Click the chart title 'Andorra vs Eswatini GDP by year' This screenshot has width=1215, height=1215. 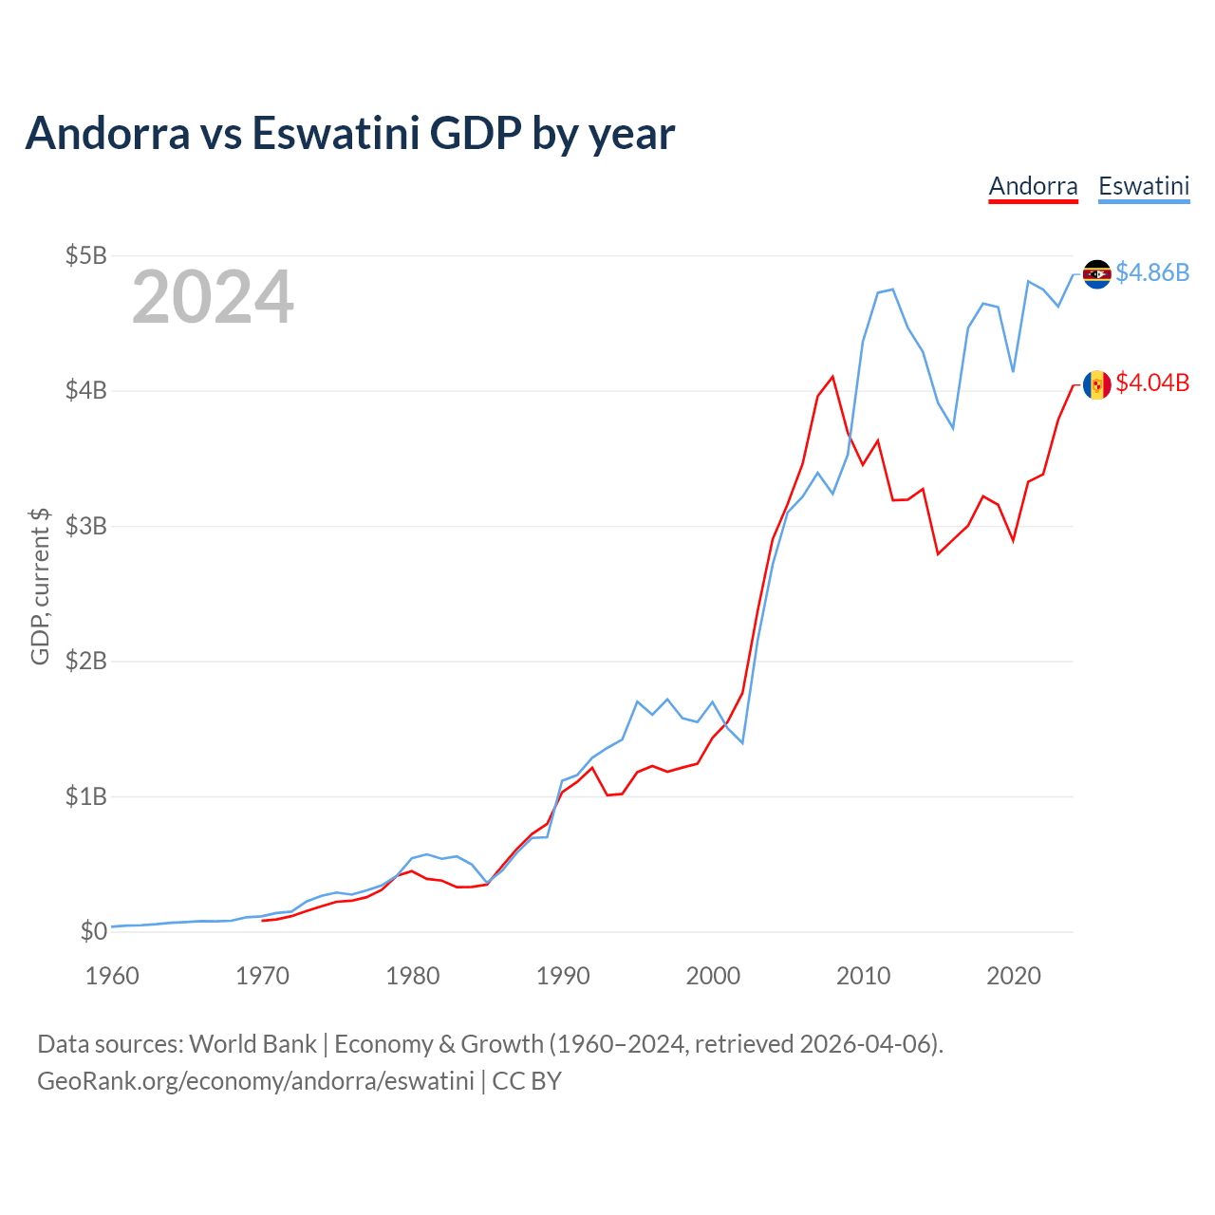point(349,133)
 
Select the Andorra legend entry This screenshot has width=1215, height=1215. point(1033,186)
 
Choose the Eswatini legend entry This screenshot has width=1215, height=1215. point(1144,186)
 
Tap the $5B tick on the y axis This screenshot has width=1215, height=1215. point(85,255)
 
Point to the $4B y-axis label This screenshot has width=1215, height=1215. point(85,390)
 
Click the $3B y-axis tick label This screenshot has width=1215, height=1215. point(85,526)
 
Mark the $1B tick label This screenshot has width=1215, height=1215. point(85,796)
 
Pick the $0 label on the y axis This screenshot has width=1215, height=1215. point(93,931)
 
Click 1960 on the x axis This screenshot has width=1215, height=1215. point(112,976)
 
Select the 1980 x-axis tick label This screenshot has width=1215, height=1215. point(413,976)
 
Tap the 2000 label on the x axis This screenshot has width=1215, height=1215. point(713,976)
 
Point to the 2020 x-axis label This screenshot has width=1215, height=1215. point(1014,976)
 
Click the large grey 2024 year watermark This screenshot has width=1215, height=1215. point(213,298)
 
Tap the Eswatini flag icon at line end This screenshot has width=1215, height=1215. point(1096,274)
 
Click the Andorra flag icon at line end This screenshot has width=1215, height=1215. point(1096,384)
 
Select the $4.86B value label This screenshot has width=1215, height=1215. point(1152,273)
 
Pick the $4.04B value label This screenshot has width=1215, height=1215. point(1152,383)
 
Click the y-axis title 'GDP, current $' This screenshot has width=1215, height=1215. point(40,586)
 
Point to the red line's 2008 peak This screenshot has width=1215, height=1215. point(832,377)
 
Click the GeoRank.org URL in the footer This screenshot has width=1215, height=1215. point(255,1081)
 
